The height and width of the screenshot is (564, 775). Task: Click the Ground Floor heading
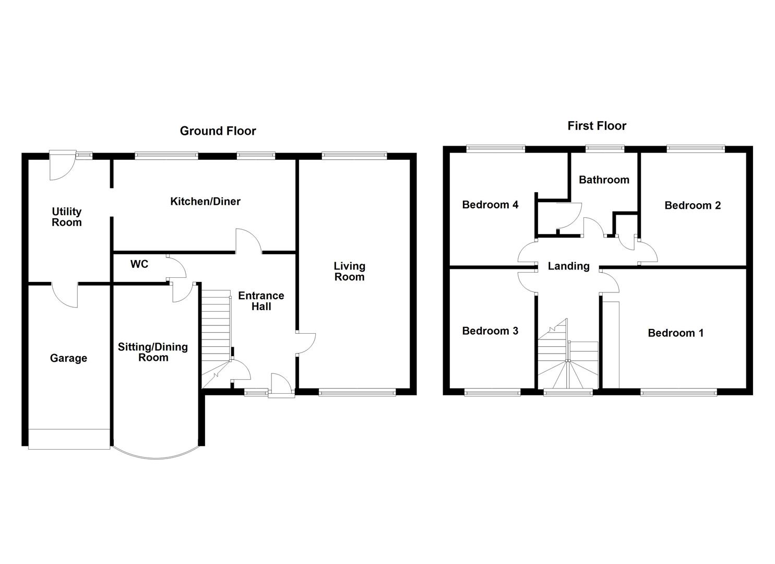218,131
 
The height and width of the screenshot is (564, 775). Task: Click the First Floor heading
597,126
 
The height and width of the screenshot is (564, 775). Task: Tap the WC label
139,264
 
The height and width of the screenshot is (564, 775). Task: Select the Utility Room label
67,217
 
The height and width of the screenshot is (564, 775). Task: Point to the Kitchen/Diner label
205,201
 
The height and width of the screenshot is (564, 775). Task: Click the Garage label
68,358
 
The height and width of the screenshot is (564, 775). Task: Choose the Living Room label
350,272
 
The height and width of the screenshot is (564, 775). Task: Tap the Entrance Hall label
261,301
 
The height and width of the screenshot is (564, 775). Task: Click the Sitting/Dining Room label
153,352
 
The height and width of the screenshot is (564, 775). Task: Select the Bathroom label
604,180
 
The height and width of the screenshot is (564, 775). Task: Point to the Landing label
568,266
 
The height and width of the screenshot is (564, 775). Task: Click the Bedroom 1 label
675,333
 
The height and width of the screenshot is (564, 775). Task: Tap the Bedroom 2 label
693,205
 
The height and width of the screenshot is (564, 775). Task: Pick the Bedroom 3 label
490,331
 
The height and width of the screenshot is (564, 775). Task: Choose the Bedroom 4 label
490,205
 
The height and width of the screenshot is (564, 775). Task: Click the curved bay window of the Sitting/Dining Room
157,458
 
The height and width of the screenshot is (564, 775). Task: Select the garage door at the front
69,439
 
